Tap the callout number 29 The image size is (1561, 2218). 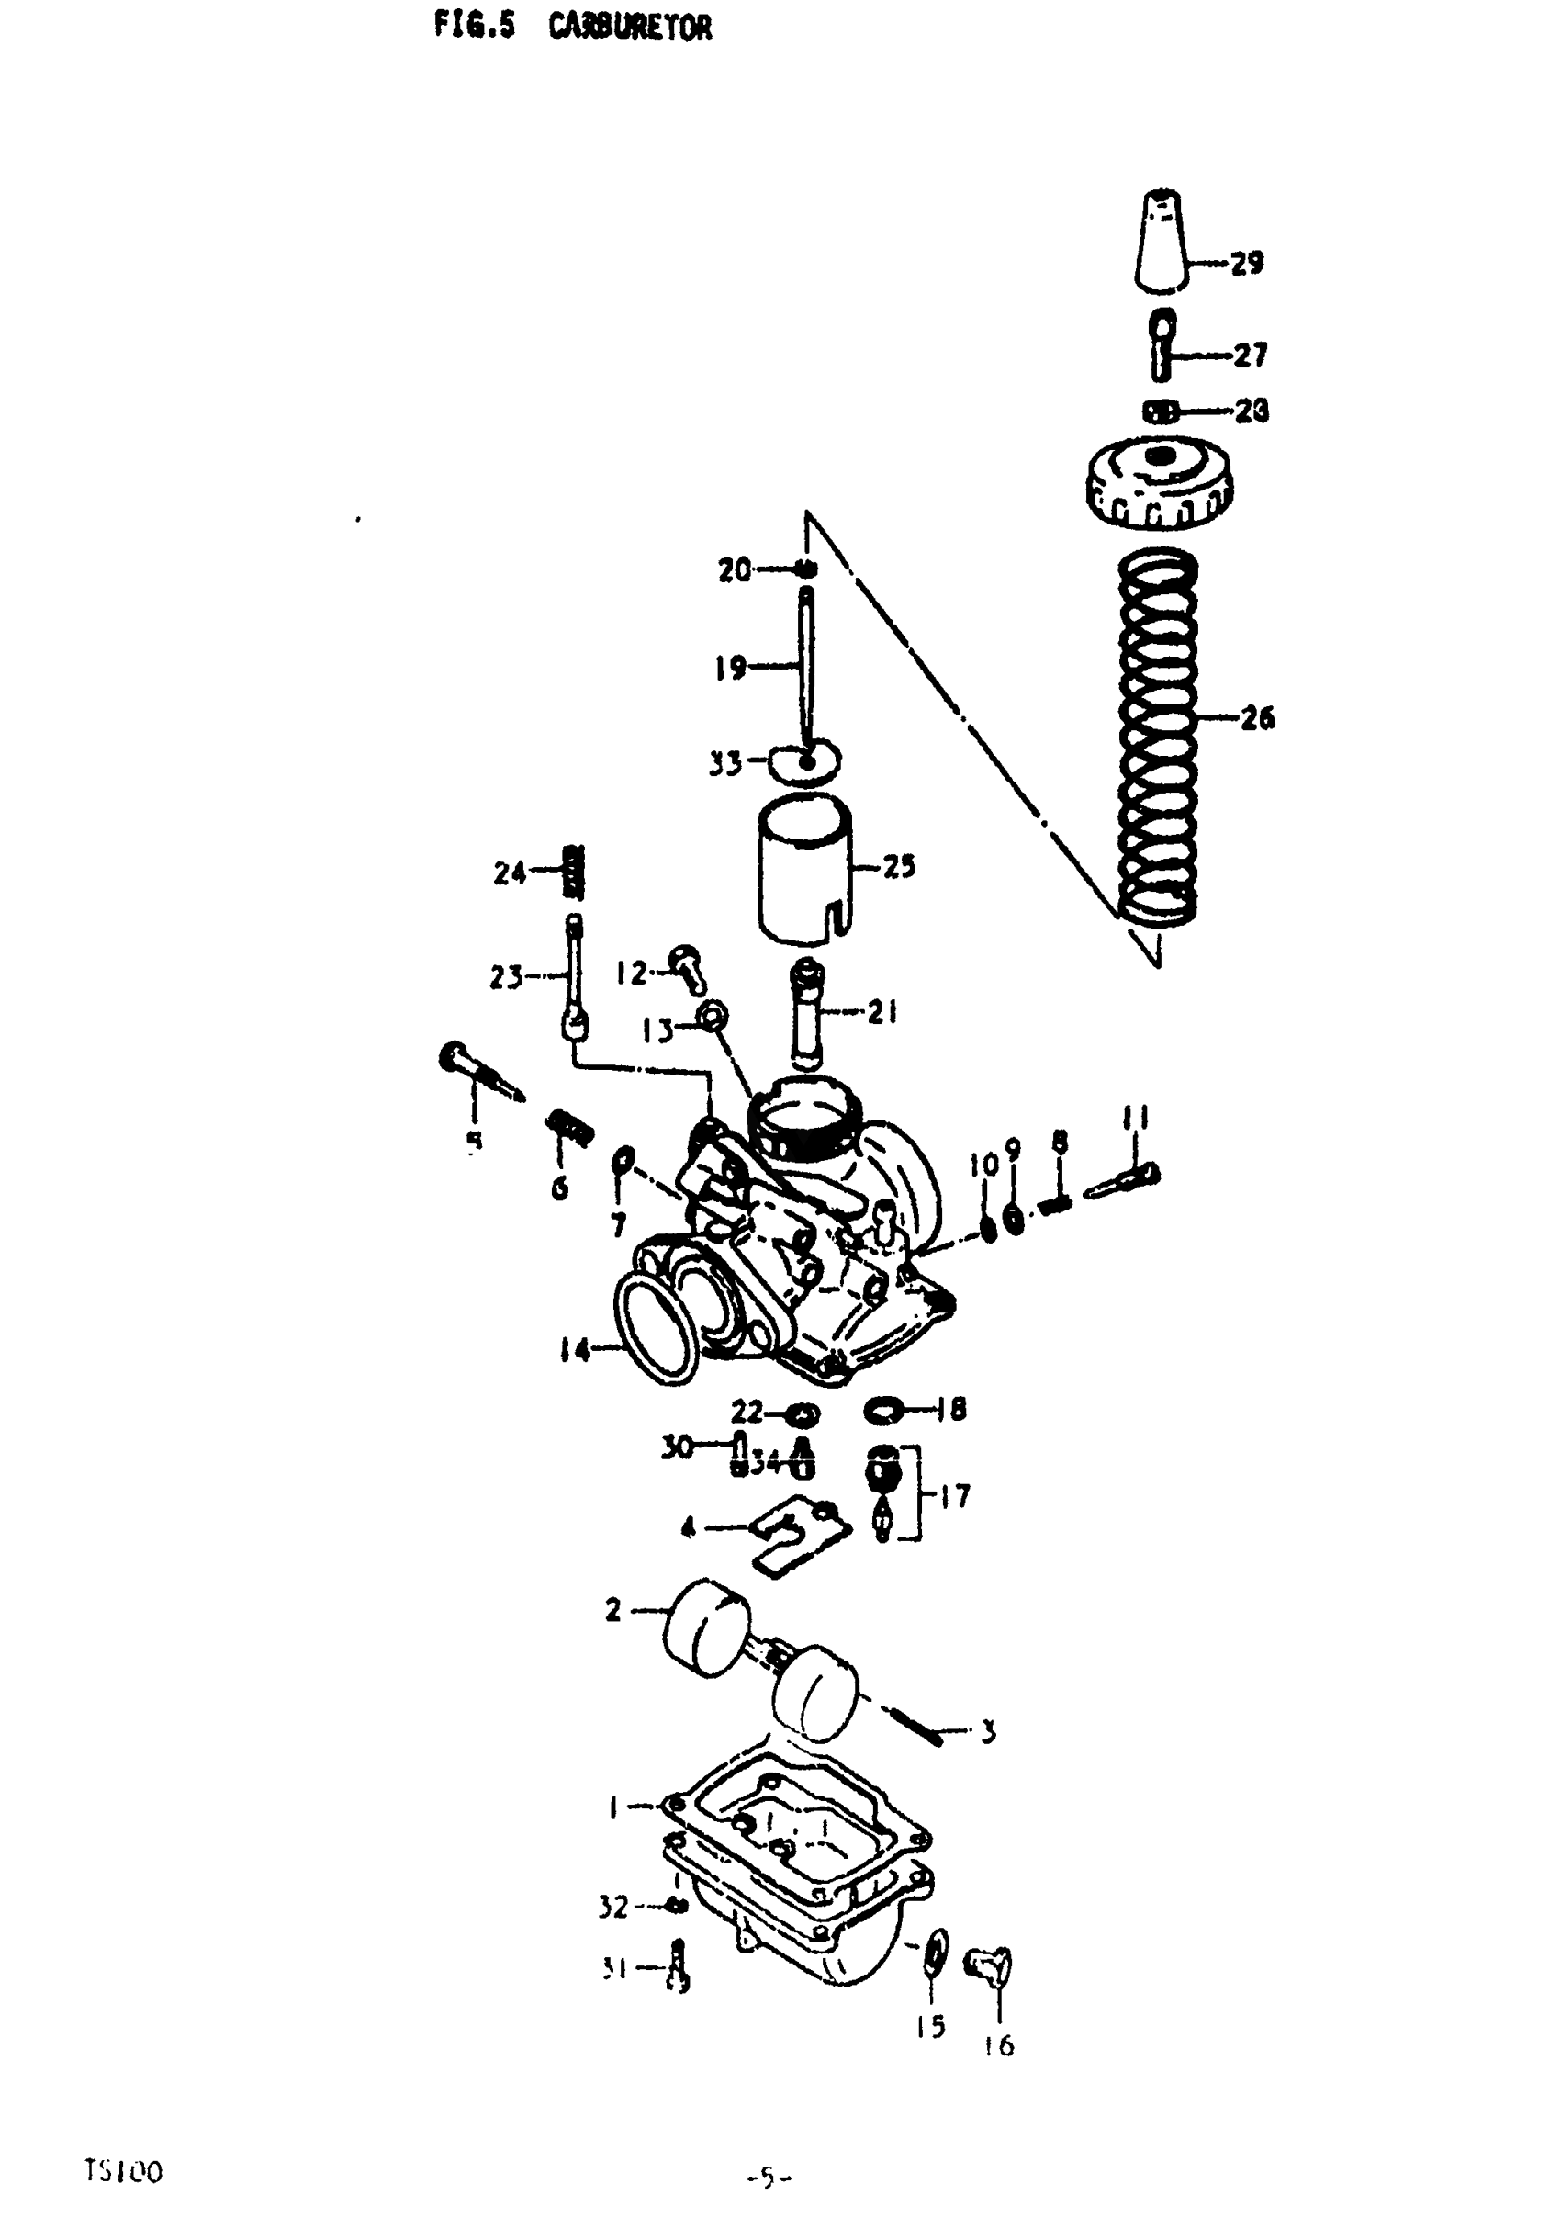click(1247, 262)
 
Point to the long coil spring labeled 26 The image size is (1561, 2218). click(1157, 734)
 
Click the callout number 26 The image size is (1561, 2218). click(1258, 718)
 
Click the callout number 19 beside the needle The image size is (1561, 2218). click(730, 667)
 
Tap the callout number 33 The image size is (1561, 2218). click(725, 764)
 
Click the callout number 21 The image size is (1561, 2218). click(882, 1012)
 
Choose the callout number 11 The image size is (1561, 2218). click(1135, 1118)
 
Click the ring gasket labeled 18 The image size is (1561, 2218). click(886, 1412)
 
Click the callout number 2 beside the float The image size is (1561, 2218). click(613, 1610)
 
